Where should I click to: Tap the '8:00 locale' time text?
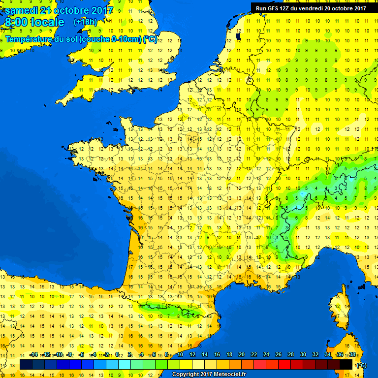(34, 22)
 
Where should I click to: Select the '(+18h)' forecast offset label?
(85, 22)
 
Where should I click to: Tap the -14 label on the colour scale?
(33, 355)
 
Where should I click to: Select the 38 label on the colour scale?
(352, 355)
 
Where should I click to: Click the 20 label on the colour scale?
(242, 355)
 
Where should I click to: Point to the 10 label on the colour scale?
(181, 355)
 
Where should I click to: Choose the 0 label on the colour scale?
(117, 355)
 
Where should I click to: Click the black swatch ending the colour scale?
(346, 364)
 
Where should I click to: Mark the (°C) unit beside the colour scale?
(361, 365)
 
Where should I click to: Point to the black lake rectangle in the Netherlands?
(239, 36)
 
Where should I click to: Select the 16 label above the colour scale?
(217, 355)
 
